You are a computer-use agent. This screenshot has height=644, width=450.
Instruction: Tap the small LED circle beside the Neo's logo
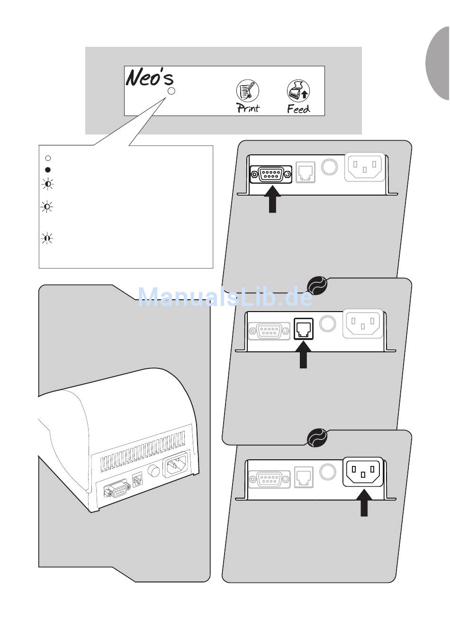tap(171, 90)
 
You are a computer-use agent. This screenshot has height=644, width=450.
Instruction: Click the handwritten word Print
tap(248, 108)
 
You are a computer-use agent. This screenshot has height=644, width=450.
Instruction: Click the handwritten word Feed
tap(298, 109)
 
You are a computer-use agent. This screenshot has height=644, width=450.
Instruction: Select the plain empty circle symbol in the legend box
tap(47, 158)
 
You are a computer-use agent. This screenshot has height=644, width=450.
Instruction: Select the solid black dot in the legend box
tap(47, 170)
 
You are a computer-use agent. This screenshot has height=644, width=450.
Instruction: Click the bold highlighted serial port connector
tap(271, 174)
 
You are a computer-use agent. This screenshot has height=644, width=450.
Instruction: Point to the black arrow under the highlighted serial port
tap(272, 199)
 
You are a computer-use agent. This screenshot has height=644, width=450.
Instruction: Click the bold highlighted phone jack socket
tap(304, 329)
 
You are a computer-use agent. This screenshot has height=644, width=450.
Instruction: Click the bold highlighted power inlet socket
tap(363, 472)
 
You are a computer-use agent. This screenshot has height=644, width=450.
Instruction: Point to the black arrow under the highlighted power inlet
tap(364, 502)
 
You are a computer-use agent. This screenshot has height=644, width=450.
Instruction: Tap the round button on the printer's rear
tap(153, 471)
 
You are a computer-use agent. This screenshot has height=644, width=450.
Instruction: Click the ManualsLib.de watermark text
tap(225, 297)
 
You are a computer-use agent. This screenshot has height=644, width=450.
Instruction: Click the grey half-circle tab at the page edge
tap(438, 64)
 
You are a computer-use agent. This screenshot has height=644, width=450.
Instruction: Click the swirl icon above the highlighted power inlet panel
tap(317, 438)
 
